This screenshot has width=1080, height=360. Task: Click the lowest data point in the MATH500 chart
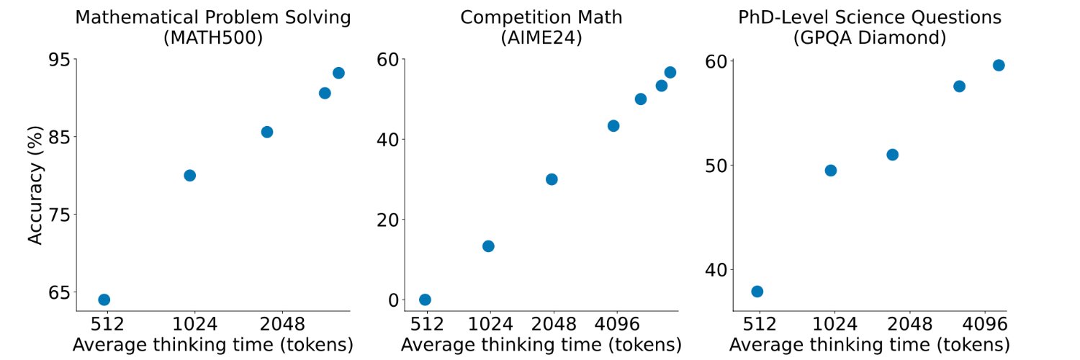(104, 300)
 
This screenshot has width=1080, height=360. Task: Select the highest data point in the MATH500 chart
(338, 73)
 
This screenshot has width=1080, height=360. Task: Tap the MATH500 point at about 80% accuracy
(190, 176)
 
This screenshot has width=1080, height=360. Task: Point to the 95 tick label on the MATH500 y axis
(59, 60)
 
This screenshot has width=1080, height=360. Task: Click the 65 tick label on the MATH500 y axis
(59, 292)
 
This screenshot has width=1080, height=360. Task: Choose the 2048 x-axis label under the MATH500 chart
(282, 324)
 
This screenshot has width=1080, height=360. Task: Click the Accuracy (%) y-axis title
(35, 186)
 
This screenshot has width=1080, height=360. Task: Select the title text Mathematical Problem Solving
(213, 17)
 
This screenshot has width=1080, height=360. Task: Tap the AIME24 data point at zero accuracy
(425, 300)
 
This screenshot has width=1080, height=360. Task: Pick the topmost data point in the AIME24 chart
(670, 72)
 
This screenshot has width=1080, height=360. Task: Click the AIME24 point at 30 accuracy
(552, 179)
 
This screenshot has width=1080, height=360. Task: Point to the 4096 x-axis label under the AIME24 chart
(617, 324)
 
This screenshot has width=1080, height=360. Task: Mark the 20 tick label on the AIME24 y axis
(388, 220)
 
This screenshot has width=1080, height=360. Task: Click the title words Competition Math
(541, 17)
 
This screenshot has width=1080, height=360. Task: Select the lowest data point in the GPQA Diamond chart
(757, 292)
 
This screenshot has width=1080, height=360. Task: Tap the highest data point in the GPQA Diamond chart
(999, 66)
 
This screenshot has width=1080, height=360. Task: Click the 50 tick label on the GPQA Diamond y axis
(716, 166)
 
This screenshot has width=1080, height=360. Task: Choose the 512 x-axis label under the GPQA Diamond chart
(760, 324)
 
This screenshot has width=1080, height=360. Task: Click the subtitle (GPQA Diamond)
(870, 37)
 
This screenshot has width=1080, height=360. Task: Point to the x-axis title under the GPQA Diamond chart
(870, 345)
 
